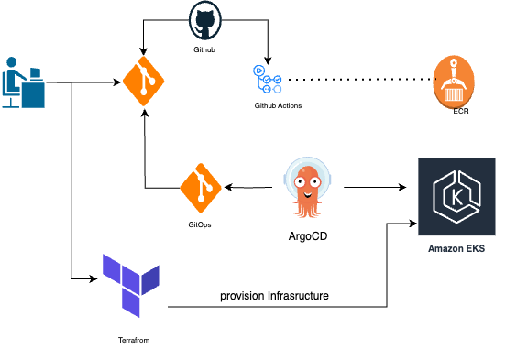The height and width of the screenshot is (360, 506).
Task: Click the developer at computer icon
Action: tap(24, 83)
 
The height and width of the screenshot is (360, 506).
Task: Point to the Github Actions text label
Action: tap(278, 106)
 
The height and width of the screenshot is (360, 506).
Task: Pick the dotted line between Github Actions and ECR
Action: tap(357, 80)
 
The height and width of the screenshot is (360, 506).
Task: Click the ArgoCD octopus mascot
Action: tap(309, 188)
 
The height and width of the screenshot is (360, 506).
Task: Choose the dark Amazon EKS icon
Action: tap(450, 198)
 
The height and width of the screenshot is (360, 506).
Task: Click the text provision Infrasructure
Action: tap(274, 295)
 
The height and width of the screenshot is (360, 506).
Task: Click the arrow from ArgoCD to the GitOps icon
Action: tap(252, 188)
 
